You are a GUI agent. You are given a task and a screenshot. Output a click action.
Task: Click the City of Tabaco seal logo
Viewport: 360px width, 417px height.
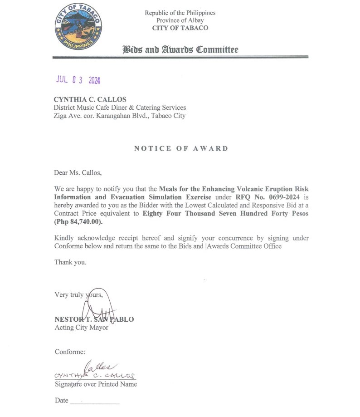pyautogui.click(x=78, y=28)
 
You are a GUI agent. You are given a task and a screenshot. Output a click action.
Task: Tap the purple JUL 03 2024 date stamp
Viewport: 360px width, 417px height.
pyautogui.click(x=78, y=80)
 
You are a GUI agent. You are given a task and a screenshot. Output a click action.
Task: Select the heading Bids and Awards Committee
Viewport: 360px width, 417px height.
pyautogui.click(x=180, y=49)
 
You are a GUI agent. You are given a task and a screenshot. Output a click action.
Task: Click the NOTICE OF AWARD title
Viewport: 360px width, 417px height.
pyautogui.click(x=181, y=148)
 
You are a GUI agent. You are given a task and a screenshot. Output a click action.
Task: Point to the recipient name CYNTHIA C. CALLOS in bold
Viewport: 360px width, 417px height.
pyautogui.click(x=90, y=99)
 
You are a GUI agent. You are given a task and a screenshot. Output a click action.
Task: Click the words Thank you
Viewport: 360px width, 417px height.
pyautogui.click(x=70, y=262)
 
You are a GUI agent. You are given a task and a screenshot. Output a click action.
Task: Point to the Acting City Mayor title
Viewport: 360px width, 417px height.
pyautogui.click(x=82, y=327)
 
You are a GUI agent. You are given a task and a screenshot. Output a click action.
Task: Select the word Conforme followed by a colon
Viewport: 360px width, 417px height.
pyautogui.click(x=70, y=352)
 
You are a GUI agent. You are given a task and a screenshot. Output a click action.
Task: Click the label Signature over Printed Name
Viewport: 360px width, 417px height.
pyautogui.click(x=96, y=384)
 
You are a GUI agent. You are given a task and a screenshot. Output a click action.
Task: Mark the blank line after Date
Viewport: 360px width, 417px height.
pyautogui.click(x=95, y=402)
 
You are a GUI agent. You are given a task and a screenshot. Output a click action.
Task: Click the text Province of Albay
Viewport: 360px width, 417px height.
pyautogui.click(x=180, y=20)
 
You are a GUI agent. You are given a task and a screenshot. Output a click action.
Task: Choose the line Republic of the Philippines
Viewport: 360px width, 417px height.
pyautogui.click(x=180, y=13)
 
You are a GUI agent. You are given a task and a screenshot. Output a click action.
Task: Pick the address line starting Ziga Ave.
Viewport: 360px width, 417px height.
pyautogui.click(x=120, y=116)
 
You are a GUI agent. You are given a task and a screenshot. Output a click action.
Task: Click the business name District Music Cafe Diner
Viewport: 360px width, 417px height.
pyautogui.click(x=120, y=108)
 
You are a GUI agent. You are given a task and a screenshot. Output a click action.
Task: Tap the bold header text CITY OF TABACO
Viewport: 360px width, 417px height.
pyautogui.click(x=180, y=28)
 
